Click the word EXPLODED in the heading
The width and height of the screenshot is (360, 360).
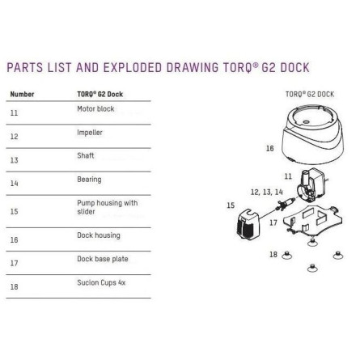133,67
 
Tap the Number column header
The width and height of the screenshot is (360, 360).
22,94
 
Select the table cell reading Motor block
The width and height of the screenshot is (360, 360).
95,108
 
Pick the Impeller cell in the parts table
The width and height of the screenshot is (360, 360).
90,133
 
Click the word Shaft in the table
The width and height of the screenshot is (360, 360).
86,155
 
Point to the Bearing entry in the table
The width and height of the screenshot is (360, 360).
89,180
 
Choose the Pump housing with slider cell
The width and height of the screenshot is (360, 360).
108,207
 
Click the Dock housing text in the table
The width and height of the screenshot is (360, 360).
99,235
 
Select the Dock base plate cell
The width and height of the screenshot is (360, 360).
103,259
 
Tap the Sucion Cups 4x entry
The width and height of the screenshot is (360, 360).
101,282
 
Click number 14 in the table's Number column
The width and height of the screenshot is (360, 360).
15,184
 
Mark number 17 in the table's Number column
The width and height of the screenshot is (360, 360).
15,263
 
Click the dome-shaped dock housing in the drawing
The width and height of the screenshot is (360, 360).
313,135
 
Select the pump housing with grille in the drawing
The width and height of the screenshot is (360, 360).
248,224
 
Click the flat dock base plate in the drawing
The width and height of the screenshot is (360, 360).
313,221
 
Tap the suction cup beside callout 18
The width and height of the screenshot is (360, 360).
286,255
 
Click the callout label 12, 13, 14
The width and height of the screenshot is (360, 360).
267,192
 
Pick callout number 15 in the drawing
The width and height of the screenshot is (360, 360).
231,205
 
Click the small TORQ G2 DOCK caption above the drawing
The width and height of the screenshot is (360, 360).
310,94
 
